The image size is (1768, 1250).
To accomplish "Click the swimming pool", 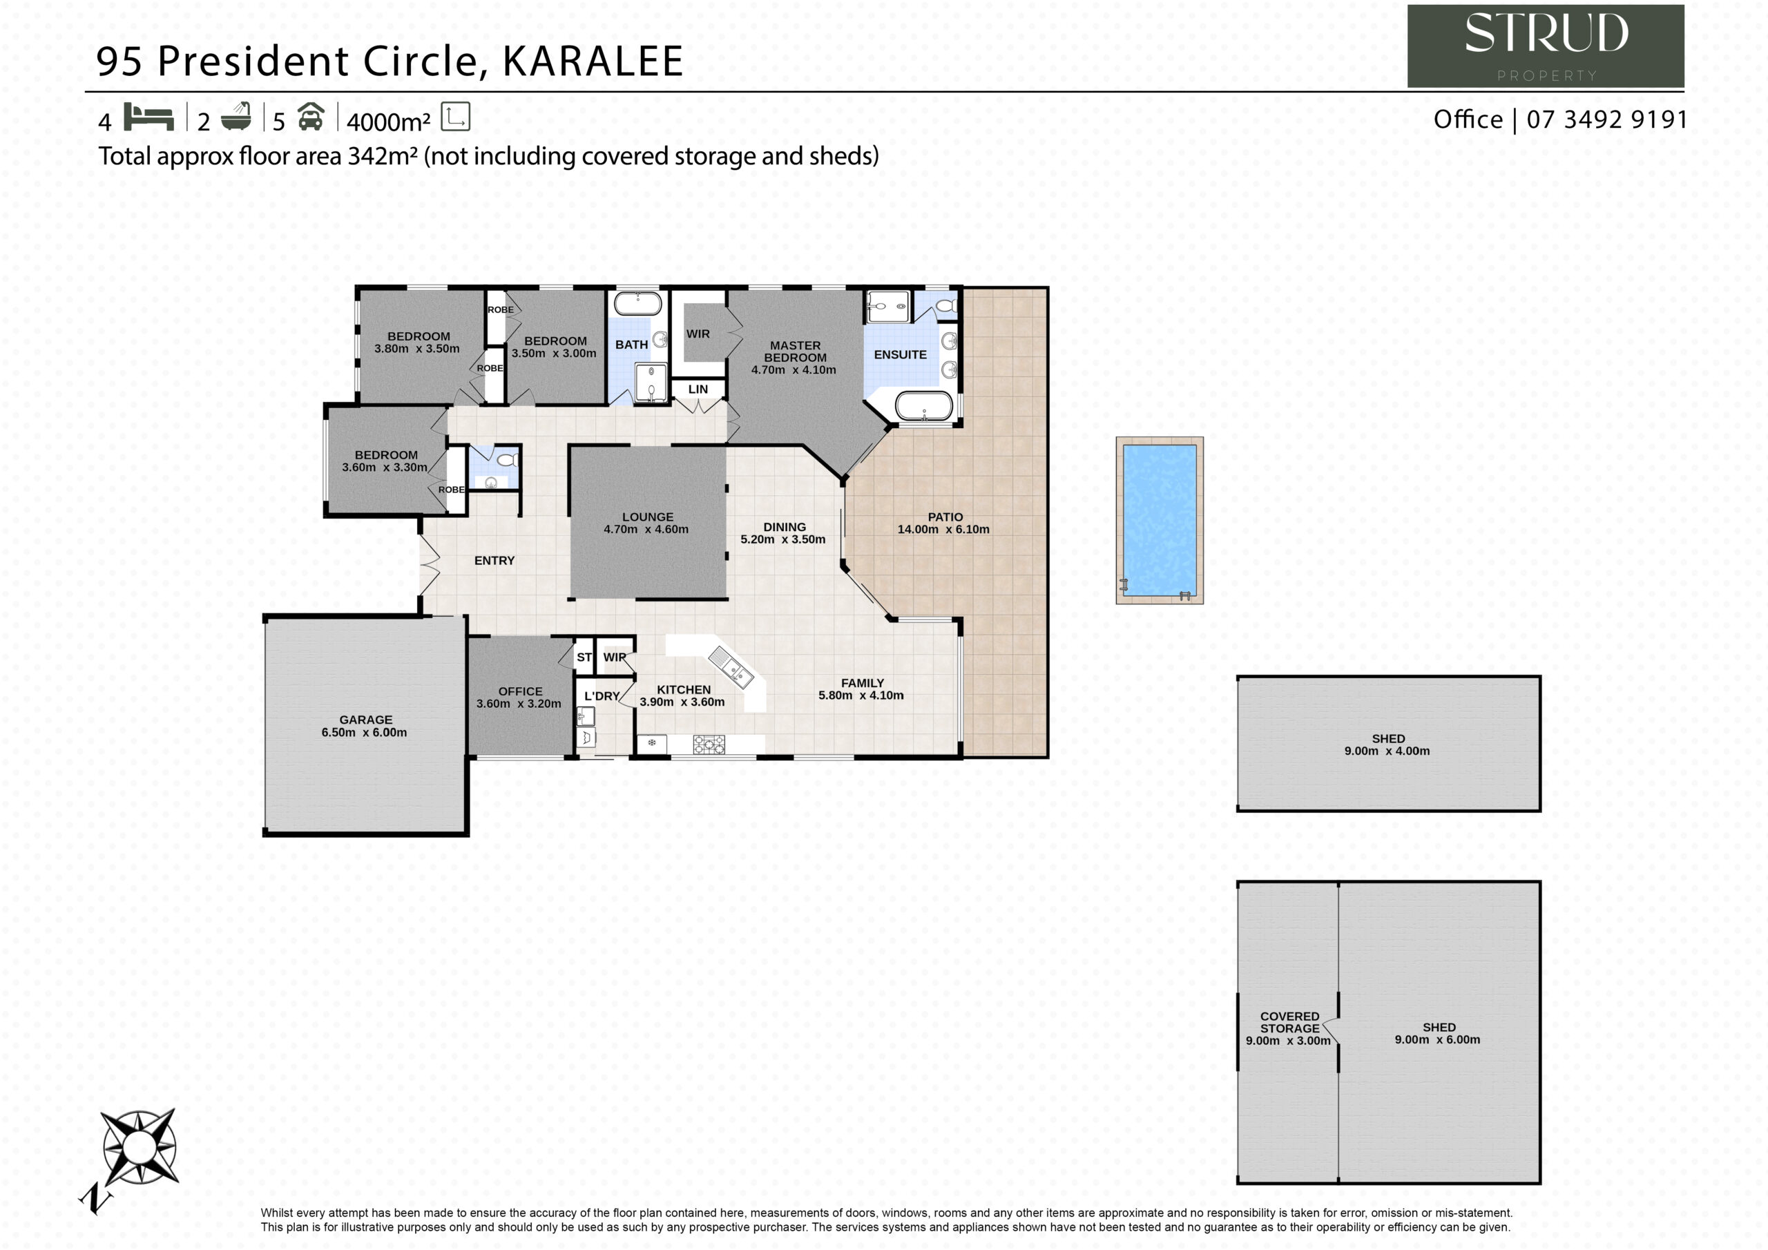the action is click(x=1159, y=521).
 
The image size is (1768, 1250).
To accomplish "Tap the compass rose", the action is click(x=140, y=1148).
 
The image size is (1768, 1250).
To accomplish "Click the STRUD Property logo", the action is click(x=1546, y=46).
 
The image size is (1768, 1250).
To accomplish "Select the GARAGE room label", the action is click(x=366, y=720).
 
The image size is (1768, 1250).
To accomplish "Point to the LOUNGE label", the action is click(x=648, y=517).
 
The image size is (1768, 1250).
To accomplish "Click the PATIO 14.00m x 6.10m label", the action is click(x=944, y=523).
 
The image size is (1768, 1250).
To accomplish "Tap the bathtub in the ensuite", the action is click(x=924, y=407).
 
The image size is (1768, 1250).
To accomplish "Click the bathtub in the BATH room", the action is click(x=637, y=303).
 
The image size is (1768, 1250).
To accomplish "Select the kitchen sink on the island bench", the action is click(x=731, y=667).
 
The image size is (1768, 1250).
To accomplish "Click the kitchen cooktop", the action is click(x=709, y=744).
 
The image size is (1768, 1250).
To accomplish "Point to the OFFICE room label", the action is click(x=520, y=691).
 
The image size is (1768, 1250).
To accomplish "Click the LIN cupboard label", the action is click(x=698, y=389).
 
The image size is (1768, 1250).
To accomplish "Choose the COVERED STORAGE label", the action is click(x=1290, y=1022).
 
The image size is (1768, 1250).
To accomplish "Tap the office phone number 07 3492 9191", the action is click(x=1606, y=119).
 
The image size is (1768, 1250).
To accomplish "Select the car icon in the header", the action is click(x=310, y=116).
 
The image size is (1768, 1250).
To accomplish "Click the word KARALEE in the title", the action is click(x=593, y=61).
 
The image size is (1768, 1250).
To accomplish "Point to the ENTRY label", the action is click(x=494, y=561).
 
